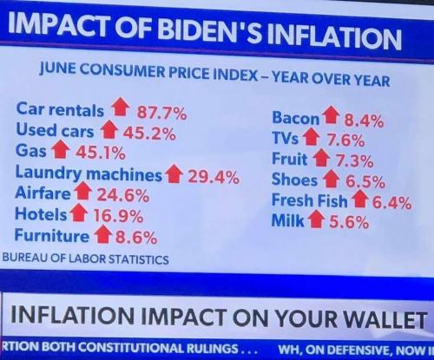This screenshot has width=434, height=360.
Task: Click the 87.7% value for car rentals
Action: tap(161, 111)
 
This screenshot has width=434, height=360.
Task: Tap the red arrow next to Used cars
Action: tap(108, 132)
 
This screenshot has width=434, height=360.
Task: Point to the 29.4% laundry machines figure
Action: tap(214, 176)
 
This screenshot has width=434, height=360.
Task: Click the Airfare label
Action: tap(43, 194)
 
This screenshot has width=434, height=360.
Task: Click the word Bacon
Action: tap(295, 118)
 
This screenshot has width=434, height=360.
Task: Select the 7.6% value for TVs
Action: tap(349, 140)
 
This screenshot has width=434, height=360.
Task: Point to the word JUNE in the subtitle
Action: tap(55, 75)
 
